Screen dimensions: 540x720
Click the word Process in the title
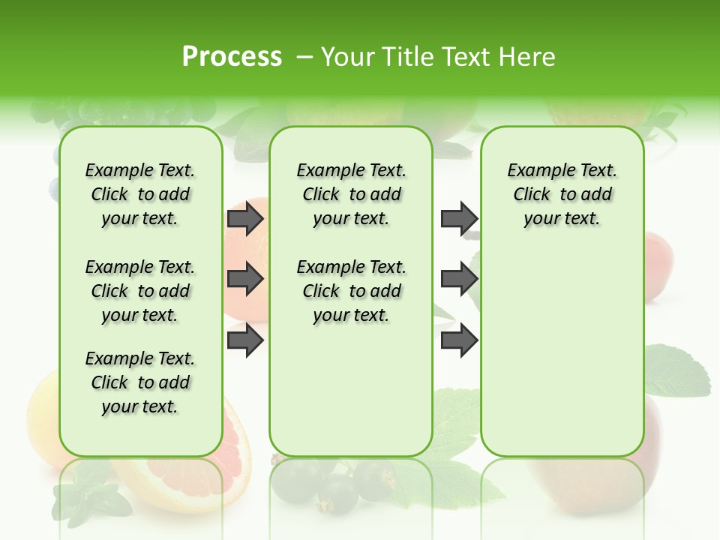[x=232, y=57]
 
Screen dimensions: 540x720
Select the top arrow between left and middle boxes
[x=245, y=218]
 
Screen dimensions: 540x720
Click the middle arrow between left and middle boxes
[x=245, y=280]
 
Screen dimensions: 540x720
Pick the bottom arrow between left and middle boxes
[x=245, y=340]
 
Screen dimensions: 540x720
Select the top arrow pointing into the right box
[x=459, y=218]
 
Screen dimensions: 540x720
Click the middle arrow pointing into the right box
[x=459, y=280]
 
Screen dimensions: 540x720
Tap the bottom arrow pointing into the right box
[x=459, y=340]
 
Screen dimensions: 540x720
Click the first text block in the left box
[x=140, y=194]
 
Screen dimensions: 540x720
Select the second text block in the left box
[x=140, y=291]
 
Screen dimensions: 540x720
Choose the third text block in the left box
[x=140, y=382]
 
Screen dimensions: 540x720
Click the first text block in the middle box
[x=351, y=194]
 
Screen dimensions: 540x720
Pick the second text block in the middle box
[x=351, y=291]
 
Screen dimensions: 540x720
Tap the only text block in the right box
[x=562, y=194]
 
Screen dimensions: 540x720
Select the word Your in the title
[x=345, y=57]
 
